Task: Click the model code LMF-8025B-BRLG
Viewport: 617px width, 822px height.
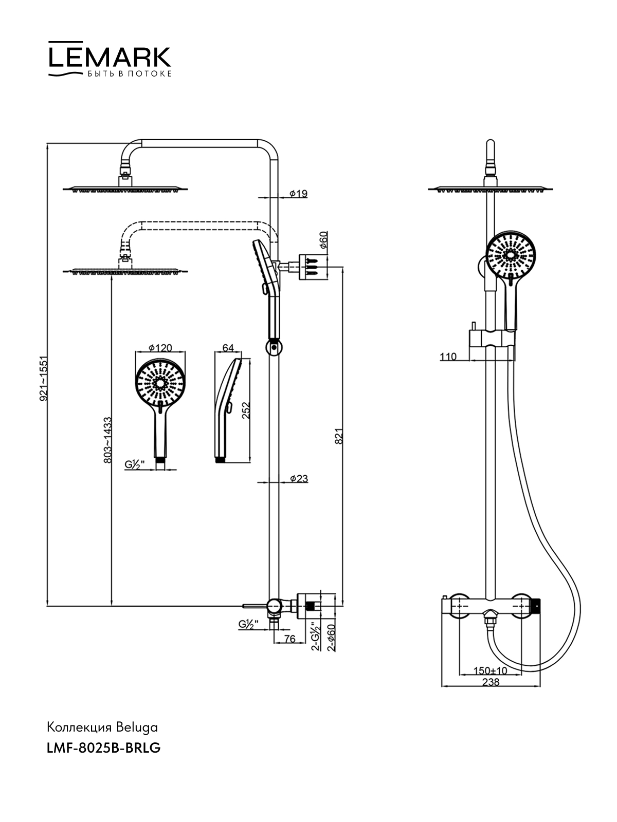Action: [x=103, y=748]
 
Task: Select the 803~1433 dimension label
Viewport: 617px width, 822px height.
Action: [x=107, y=440]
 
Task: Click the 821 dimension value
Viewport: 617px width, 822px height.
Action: [x=338, y=436]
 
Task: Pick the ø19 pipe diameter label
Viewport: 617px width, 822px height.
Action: [x=298, y=194]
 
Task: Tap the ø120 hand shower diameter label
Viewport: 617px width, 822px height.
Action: [x=160, y=348]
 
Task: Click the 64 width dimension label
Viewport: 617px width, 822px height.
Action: [x=228, y=348]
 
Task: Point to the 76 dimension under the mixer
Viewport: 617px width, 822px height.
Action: [x=289, y=639]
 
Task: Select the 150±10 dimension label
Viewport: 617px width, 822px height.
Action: [x=490, y=670]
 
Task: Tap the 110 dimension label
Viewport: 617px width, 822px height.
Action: [x=448, y=357]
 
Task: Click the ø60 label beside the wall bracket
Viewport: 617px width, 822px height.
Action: [x=323, y=240]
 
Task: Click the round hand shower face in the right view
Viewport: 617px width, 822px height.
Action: [x=511, y=256]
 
